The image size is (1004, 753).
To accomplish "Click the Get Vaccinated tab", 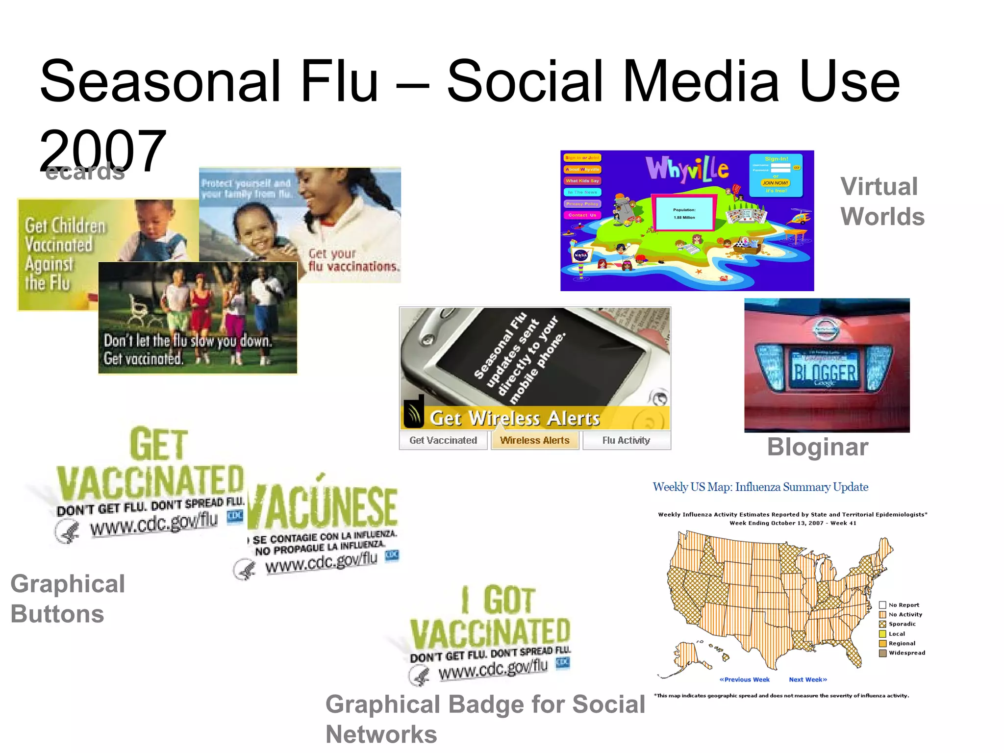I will (x=443, y=440).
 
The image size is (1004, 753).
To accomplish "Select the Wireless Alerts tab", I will (x=535, y=440).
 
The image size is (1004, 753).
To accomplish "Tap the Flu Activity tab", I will (x=626, y=440).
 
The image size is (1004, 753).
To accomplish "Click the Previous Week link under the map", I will (x=744, y=679).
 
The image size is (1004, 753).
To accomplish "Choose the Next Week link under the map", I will (x=807, y=679).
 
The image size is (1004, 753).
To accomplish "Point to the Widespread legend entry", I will (x=906, y=653).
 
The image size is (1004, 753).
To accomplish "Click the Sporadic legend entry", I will (x=902, y=624).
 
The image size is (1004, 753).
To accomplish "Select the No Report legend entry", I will (x=904, y=605).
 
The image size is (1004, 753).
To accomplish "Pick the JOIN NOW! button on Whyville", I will (x=775, y=183).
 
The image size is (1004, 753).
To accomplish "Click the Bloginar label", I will (x=818, y=447).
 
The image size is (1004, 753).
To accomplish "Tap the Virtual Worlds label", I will (x=882, y=201).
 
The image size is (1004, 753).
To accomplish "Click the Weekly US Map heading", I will (x=760, y=487).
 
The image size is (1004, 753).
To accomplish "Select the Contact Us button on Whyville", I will (x=582, y=215).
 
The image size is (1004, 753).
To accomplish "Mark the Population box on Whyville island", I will (x=684, y=213).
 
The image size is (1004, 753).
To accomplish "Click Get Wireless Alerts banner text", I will (x=515, y=419).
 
